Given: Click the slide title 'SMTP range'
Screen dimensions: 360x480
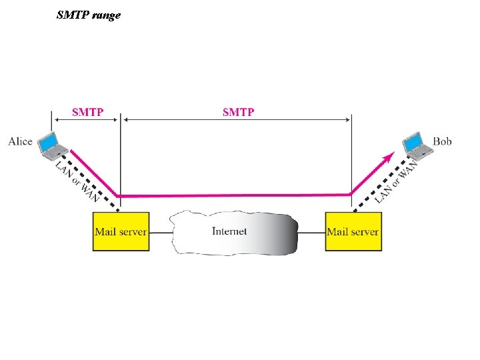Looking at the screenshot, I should (89, 14).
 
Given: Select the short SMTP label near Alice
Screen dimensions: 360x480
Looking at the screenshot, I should (87, 112).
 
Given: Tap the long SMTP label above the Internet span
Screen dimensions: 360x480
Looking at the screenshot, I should (238, 112).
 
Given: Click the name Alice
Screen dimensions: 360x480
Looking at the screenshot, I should (20, 141).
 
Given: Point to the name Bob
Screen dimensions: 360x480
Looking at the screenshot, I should (442, 141).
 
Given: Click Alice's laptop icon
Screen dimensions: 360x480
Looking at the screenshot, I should (51, 146).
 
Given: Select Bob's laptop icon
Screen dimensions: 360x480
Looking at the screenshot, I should (415, 145).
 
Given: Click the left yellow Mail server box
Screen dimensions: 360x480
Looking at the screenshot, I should (121, 231).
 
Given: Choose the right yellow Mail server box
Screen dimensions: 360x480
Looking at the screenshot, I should (353, 231).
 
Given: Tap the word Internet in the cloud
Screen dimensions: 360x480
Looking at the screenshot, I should (229, 231).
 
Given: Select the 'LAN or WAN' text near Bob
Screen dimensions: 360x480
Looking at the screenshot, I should (396, 181).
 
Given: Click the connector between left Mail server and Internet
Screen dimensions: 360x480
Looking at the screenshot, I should (159, 232).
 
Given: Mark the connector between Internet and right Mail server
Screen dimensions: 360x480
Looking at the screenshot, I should (311, 232).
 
